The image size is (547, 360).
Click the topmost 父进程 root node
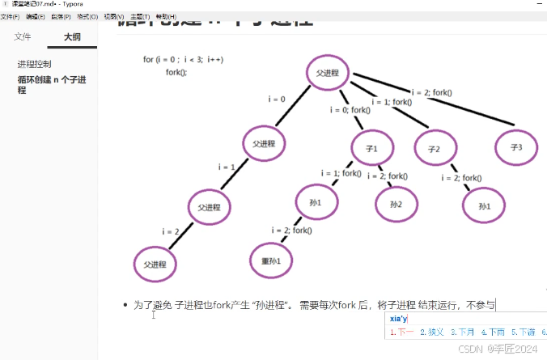click(332, 73)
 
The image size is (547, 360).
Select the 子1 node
click(371, 147)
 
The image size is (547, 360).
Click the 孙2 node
click(396, 204)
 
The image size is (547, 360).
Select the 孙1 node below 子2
click(485, 206)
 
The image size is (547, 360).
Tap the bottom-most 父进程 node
click(155, 265)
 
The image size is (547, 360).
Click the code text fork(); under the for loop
click(176, 71)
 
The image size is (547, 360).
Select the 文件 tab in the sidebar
click(23, 36)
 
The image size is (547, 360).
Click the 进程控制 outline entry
click(34, 64)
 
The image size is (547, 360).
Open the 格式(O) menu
click(87, 16)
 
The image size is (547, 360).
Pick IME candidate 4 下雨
click(492, 332)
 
